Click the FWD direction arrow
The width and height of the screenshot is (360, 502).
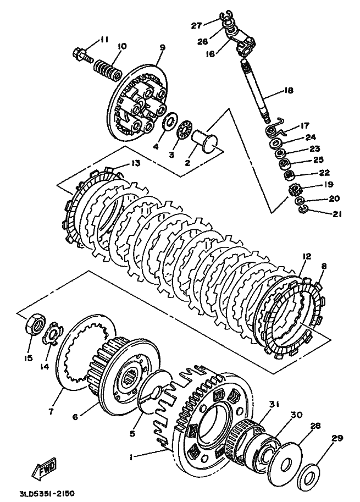pos(45,470)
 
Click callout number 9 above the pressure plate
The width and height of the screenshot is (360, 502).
pos(162,47)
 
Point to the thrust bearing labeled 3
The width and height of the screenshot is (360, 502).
pos(184,131)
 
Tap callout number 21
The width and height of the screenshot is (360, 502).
pos(336,214)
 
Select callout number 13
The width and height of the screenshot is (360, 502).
pos(135,163)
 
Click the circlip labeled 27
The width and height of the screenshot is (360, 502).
pos(225,15)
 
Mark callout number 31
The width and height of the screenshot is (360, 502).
pos(273,405)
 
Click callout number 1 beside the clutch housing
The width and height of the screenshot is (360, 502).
pos(131,458)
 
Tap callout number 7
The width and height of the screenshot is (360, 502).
pos(52,411)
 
